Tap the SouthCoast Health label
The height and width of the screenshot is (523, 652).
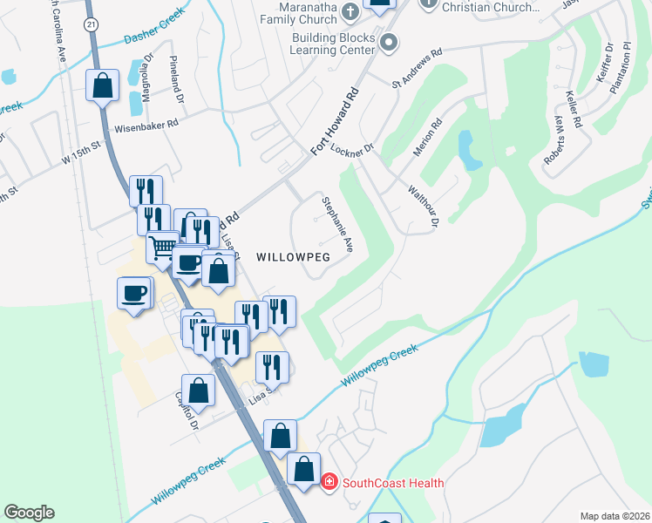tap(393, 483)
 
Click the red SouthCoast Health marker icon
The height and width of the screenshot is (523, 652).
tap(329, 481)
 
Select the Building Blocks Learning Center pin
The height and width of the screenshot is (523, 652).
tap(389, 41)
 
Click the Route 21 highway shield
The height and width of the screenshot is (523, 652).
tap(92, 24)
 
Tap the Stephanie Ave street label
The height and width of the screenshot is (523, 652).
tap(336, 224)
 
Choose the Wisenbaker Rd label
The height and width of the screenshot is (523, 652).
tap(146, 124)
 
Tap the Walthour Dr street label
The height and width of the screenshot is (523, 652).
tap(422, 206)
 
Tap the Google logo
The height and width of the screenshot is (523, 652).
tap(29, 513)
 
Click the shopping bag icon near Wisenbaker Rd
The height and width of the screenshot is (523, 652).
tap(102, 85)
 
